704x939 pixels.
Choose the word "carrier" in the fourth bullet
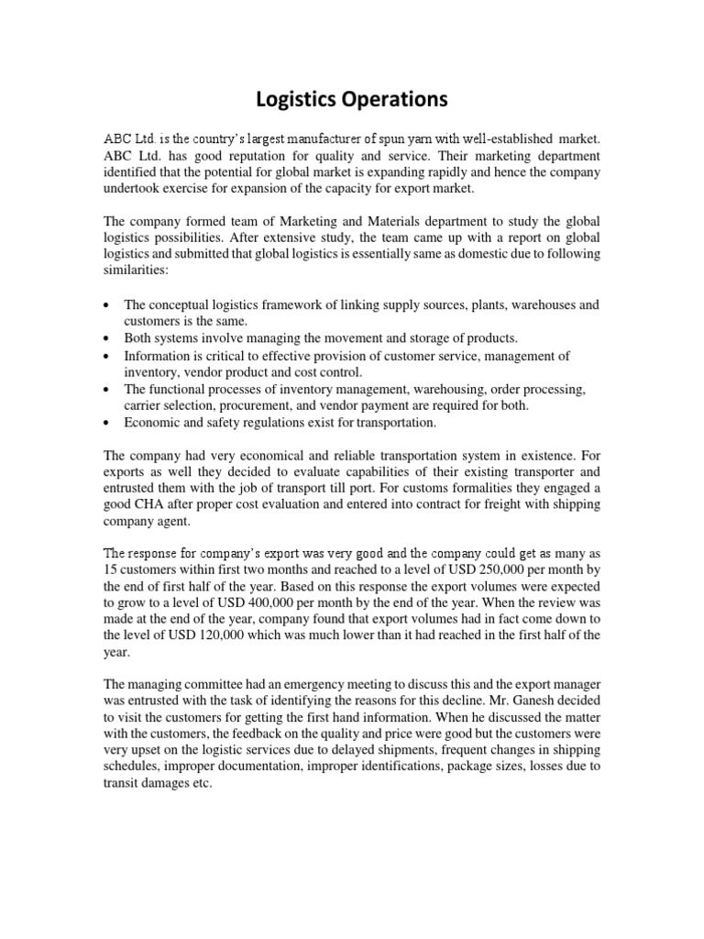(145, 406)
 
